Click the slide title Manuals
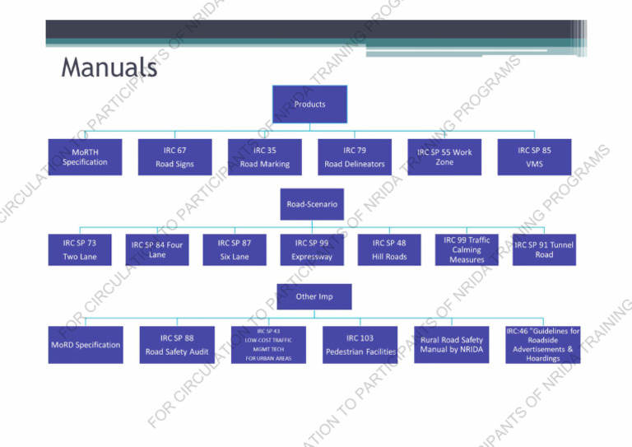109,68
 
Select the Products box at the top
309,105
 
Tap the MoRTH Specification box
85,156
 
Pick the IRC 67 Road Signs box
174,156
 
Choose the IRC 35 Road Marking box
264,156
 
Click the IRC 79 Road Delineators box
354,156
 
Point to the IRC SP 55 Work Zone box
444,156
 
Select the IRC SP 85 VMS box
534,156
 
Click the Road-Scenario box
312,203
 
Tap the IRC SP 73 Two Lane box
79,249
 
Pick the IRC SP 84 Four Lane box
157,249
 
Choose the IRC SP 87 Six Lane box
235,249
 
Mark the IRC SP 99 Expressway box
312,249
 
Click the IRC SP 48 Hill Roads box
389,249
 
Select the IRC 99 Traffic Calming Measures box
467,249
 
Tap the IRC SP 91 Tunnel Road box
544,249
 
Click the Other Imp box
314,296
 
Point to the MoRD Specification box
86,345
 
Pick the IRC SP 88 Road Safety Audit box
177,345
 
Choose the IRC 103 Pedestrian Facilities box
360,345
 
